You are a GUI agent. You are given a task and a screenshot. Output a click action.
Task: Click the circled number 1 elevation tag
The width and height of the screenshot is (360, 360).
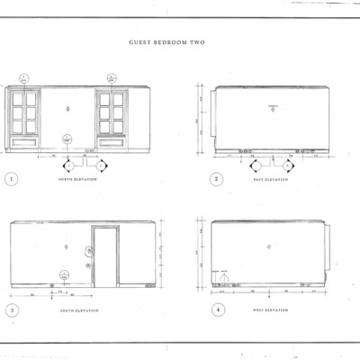point(11,179)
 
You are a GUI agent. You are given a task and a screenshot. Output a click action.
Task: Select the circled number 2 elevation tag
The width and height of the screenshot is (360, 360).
point(217,179)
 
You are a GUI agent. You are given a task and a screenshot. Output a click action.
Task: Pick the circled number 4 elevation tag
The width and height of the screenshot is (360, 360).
point(217,310)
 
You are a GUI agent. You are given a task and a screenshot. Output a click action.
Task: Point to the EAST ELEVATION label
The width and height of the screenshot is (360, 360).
point(270,180)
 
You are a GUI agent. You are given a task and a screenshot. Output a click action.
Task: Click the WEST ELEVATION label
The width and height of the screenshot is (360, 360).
point(270,311)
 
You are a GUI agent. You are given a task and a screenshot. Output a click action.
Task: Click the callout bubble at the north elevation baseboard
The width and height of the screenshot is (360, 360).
point(66,139)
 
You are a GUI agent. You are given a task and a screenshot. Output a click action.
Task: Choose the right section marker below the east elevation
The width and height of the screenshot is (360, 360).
point(287,166)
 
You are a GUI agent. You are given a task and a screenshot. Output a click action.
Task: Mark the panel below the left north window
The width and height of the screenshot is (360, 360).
point(24,141)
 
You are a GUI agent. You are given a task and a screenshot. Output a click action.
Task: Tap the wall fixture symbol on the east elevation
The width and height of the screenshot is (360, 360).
point(272,108)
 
